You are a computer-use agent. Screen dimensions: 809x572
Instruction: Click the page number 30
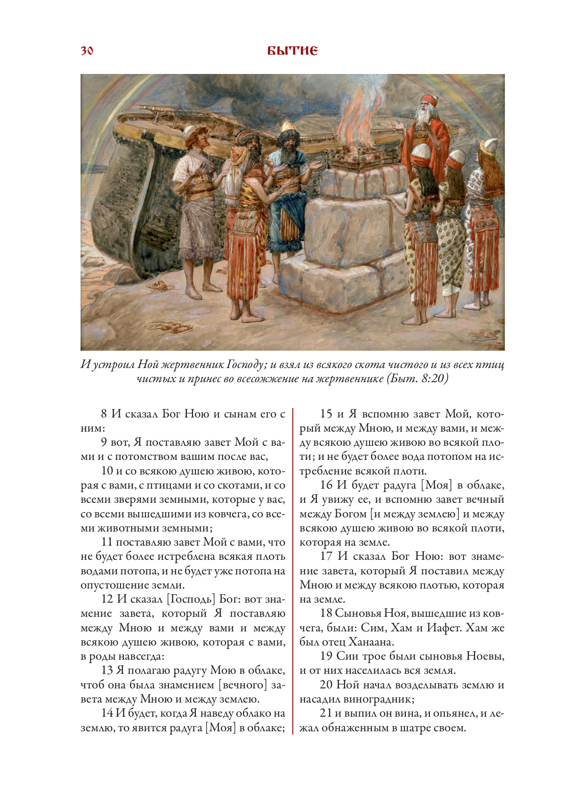coord(87,50)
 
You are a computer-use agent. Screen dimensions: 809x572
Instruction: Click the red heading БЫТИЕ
coord(292,50)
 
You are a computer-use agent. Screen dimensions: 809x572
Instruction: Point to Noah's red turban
coord(429,100)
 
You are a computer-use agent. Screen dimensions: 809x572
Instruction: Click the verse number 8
coord(104,414)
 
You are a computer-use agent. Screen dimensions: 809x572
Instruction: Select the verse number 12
coord(107,599)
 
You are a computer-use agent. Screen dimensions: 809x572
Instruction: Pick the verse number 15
coord(326,414)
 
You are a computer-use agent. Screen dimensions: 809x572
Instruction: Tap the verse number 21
coord(326,713)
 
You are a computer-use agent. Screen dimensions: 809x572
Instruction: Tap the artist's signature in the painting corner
coord(496,345)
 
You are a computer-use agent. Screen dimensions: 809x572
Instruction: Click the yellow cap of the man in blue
coord(287,126)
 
